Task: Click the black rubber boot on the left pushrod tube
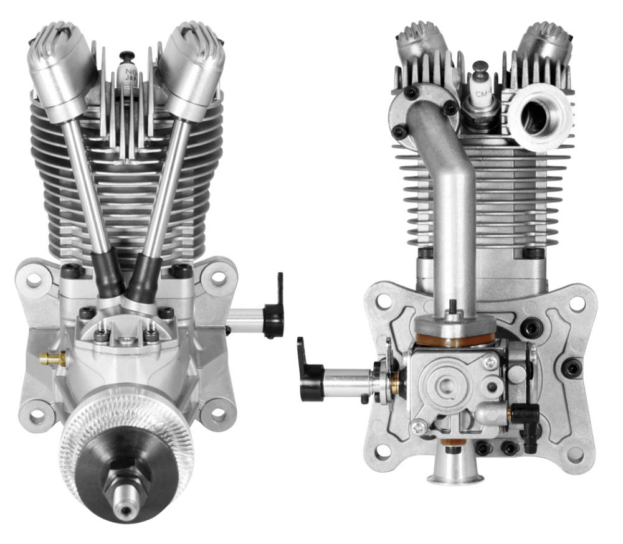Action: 107,273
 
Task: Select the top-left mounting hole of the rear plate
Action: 384,302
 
